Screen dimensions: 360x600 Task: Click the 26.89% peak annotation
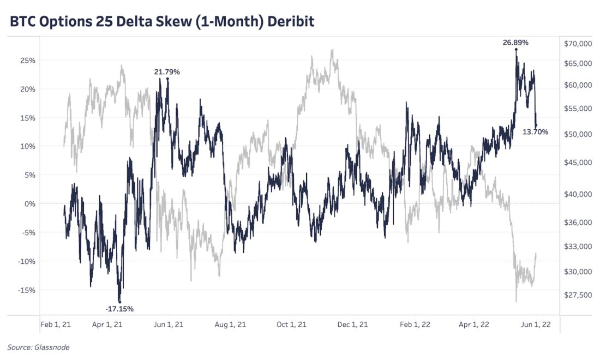pyautogui.click(x=515, y=43)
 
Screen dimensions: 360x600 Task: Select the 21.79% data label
pyautogui.click(x=166, y=71)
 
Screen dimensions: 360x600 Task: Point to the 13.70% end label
pyautogui.click(x=535, y=132)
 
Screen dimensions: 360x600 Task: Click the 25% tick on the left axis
pyautogui.click(x=27, y=61)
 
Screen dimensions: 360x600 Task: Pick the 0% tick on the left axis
pyautogui.click(x=29, y=204)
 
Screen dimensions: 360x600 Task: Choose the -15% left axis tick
pyautogui.click(x=26, y=290)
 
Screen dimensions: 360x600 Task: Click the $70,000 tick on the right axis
pyautogui.click(x=577, y=44)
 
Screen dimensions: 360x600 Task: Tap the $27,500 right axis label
pyautogui.click(x=577, y=295)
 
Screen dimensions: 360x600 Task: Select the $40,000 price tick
pyautogui.click(x=577, y=194)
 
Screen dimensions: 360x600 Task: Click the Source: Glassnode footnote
pyautogui.click(x=38, y=347)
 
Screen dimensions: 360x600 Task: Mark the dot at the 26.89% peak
pyautogui.click(x=516, y=50)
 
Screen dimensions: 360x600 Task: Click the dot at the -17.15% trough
pyautogui.click(x=119, y=302)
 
